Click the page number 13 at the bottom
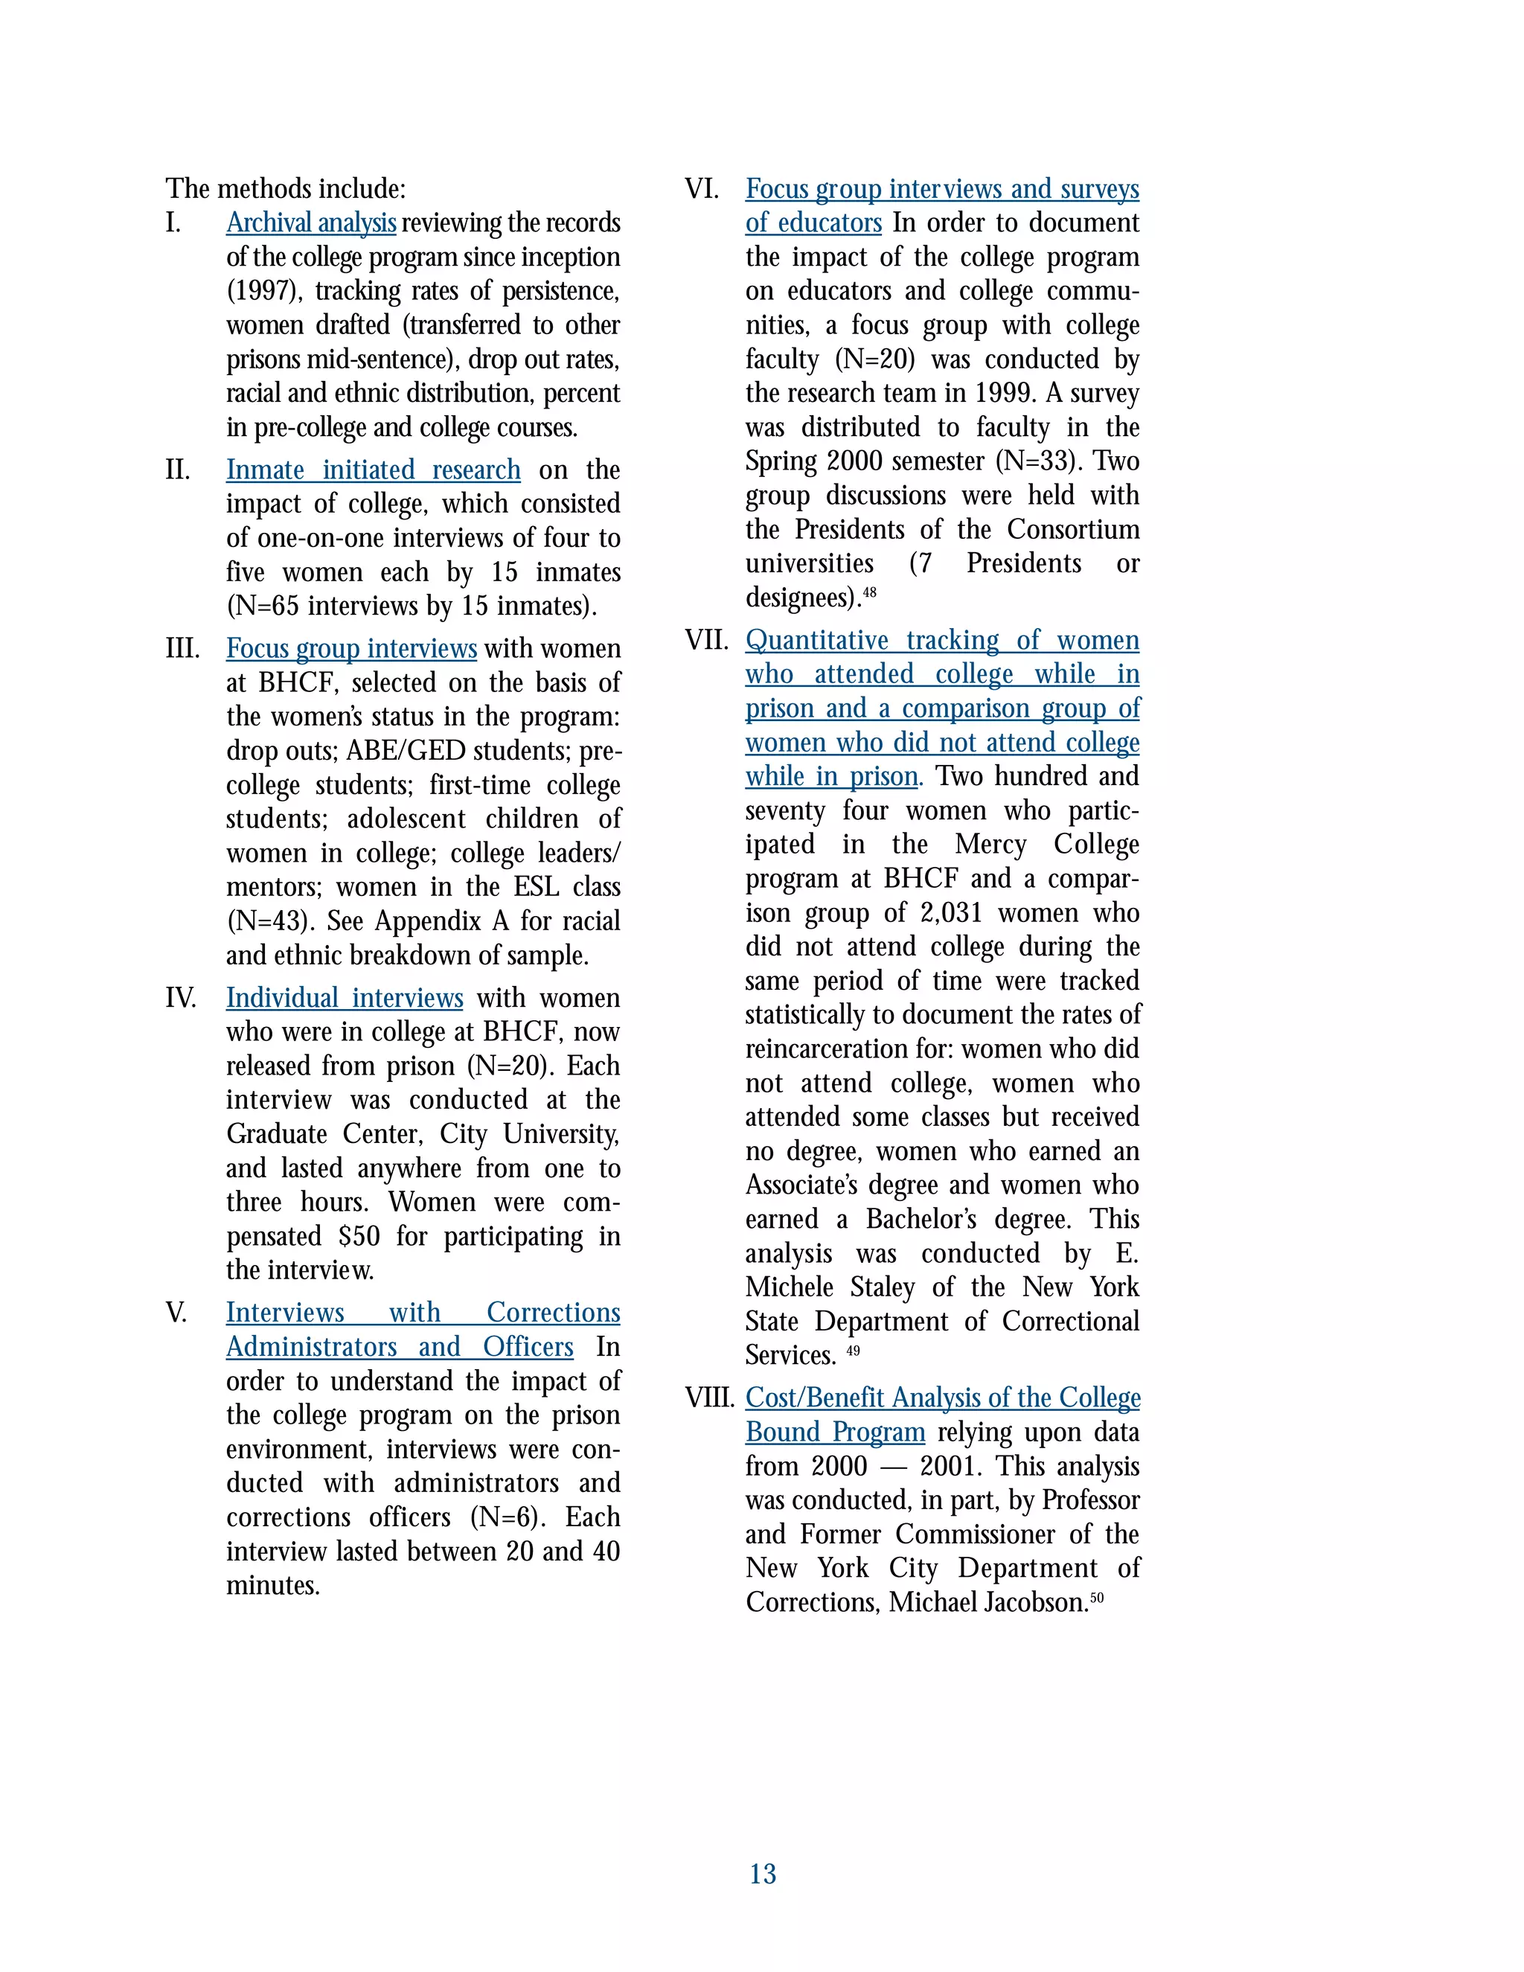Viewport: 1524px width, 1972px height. pos(762,1874)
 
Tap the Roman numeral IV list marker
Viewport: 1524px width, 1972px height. pos(181,998)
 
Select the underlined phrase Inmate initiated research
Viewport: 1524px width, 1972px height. pos(373,470)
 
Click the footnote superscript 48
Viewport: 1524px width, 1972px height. pos(869,592)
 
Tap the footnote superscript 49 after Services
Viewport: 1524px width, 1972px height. pos(854,1351)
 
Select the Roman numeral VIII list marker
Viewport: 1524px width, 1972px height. pos(710,1398)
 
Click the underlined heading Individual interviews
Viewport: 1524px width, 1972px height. pos(344,998)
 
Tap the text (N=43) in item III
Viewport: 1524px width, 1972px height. pos(269,921)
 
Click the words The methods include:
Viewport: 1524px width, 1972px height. pos(285,189)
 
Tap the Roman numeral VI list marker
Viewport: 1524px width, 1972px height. pos(702,189)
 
